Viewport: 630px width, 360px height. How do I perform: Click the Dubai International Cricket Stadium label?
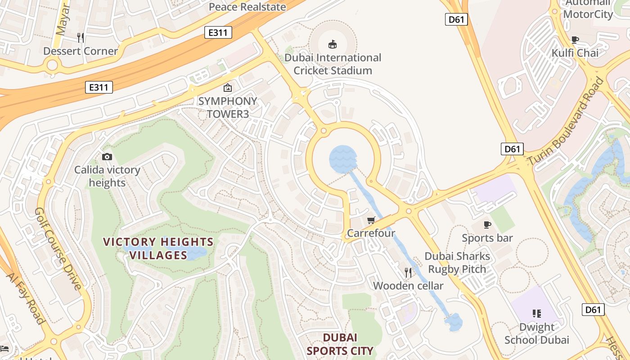(x=333, y=64)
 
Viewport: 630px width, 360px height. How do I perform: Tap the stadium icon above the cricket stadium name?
(x=333, y=44)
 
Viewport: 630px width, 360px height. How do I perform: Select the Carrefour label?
(x=371, y=233)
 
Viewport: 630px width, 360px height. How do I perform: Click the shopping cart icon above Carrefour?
(x=371, y=220)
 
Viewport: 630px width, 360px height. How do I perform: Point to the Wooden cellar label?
(x=408, y=286)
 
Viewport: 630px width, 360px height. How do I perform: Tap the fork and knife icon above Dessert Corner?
(x=81, y=37)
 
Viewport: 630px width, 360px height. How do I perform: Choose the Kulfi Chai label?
(x=575, y=53)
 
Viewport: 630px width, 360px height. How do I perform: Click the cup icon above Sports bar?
(x=487, y=225)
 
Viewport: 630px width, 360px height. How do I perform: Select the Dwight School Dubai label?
(x=536, y=333)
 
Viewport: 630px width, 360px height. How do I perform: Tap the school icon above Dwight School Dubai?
(x=536, y=313)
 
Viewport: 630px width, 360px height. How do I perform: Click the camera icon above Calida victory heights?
(x=107, y=157)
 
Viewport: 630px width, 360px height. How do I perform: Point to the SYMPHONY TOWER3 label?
(x=228, y=108)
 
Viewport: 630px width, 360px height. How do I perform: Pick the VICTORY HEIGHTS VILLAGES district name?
(x=158, y=249)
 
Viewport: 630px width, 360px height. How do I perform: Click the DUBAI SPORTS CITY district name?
(x=340, y=344)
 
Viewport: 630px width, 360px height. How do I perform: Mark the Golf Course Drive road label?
(x=58, y=248)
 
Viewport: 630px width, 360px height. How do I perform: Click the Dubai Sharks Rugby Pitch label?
(x=457, y=263)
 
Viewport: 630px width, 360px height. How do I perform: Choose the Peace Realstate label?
(x=247, y=7)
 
